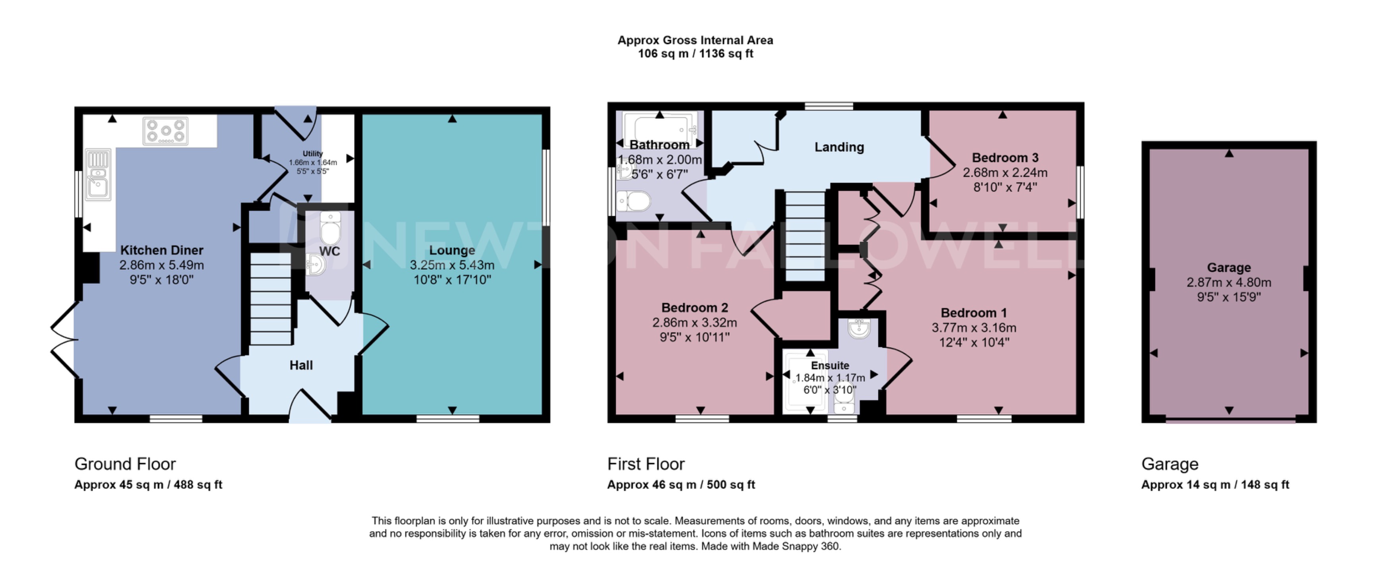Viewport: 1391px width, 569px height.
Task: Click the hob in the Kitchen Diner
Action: click(166, 131)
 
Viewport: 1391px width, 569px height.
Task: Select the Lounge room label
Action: click(452, 250)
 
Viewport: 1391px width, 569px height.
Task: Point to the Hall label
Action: click(301, 366)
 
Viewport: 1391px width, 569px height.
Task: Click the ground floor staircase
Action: click(271, 300)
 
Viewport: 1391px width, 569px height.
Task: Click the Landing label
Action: click(839, 147)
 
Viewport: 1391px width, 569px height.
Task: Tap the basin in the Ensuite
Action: click(858, 328)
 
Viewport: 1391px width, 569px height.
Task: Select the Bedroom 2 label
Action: click(694, 308)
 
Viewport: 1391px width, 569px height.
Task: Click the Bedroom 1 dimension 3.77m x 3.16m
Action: click(974, 328)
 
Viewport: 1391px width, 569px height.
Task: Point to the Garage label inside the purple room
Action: click(1228, 268)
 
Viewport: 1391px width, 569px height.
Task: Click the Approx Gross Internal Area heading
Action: click(695, 41)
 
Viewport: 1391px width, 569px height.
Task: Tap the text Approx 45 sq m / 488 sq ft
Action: click(148, 485)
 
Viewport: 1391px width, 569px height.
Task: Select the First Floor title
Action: click(645, 464)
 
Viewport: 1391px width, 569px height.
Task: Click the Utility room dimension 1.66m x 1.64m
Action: click(313, 163)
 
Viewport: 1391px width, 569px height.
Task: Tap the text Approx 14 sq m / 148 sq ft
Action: click(1215, 485)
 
